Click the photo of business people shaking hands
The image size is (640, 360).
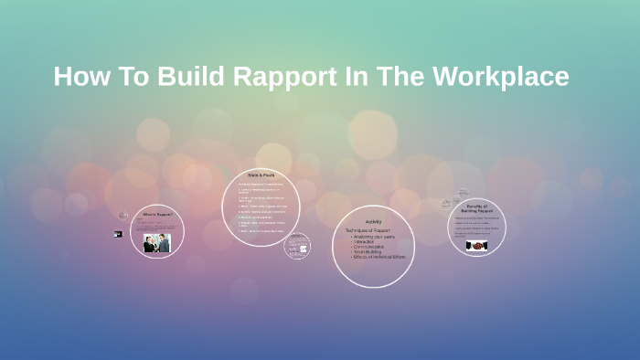tap(156, 243)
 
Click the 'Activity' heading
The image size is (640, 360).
tap(373, 222)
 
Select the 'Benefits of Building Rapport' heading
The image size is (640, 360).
tap(476, 208)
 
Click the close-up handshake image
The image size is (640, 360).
tap(476, 245)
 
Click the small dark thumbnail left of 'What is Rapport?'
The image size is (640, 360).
tap(118, 234)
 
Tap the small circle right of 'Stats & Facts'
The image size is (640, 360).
tap(297, 247)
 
